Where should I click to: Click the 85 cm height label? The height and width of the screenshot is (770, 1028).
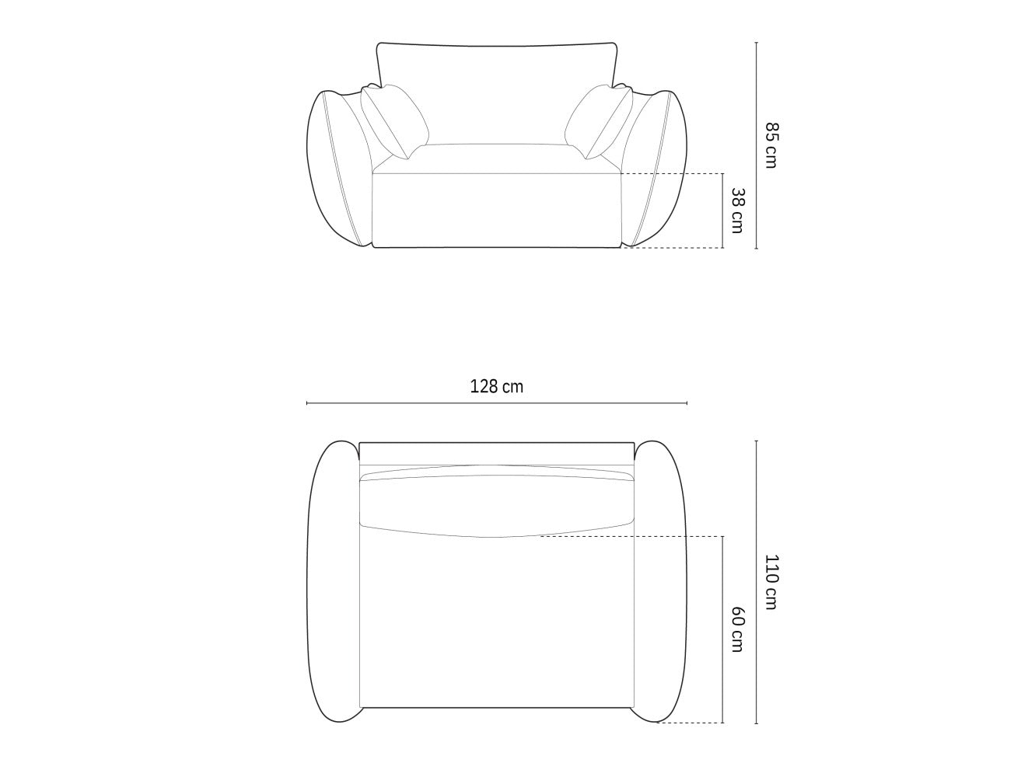771,145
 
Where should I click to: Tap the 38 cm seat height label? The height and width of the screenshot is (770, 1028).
737,211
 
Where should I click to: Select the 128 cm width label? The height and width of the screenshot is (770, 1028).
496,387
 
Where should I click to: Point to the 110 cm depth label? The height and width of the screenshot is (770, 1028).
771,582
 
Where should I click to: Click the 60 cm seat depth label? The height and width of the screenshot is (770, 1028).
737,629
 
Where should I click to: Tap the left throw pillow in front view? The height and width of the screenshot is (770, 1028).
394,120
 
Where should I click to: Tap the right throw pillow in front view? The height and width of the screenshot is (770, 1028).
599,120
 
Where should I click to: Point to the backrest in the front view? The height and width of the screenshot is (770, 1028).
496,93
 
